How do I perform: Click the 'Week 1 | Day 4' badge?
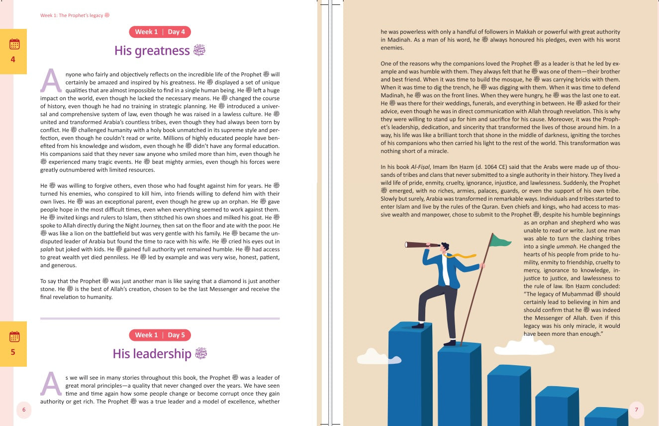click(x=160, y=32)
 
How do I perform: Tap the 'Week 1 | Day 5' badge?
click(x=160, y=335)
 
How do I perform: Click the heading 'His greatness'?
click(x=152, y=51)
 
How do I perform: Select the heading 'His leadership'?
click(x=152, y=354)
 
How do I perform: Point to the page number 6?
click(x=23, y=410)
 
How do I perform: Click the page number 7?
click(x=636, y=410)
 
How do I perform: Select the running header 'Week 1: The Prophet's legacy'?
click(x=72, y=15)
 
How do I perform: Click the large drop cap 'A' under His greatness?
click(x=51, y=81)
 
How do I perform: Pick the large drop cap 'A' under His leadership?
click(x=51, y=384)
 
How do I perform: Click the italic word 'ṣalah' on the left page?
click(x=47, y=249)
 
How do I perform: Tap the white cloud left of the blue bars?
click(x=378, y=356)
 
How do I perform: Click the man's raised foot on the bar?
click(x=418, y=325)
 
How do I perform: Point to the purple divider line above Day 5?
click(x=160, y=318)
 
